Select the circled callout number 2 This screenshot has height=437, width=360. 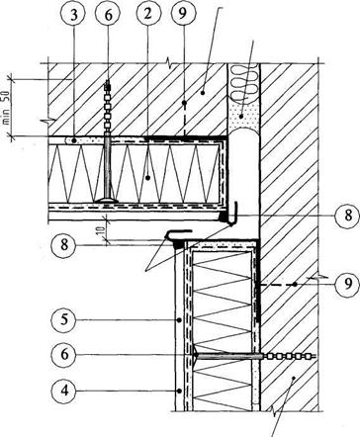[x=147, y=14]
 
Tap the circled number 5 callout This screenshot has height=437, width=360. [x=64, y=319]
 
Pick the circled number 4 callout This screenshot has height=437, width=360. [x=64, y=391]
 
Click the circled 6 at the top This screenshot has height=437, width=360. [x=108, y=16]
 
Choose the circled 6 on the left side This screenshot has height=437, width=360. [x=64, y=355]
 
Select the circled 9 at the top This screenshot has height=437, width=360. [x=184, y=14]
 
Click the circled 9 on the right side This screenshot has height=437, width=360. [x=347, y=284]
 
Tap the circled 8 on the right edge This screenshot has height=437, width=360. [x=347, y=216]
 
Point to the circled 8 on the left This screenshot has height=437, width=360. [x=64, y=244]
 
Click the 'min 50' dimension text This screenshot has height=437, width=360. [x=6, y=108]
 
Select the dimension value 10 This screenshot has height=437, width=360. [x=104, y=229]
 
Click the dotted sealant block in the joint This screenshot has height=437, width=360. [x=244, y=117]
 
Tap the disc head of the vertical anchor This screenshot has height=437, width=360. [x=107, y=200]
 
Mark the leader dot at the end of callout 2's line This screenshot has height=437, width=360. [x=148, y=178]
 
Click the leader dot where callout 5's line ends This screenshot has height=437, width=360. [x=178, y=319]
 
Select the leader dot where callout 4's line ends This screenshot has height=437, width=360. [x=178, y=391]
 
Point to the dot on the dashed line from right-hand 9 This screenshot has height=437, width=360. [x=296, y=284]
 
